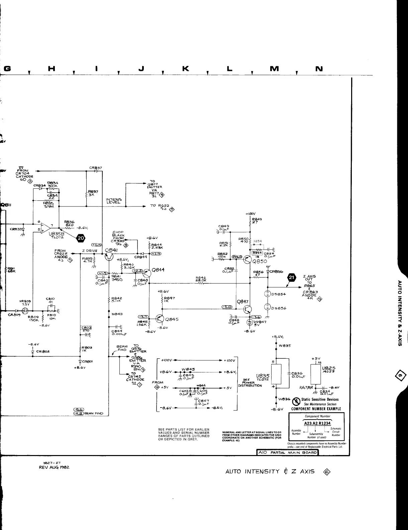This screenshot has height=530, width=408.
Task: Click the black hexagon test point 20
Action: pos(81,239)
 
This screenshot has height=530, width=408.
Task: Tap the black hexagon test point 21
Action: pos(292,277)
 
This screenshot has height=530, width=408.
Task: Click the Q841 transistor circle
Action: pos(109,257)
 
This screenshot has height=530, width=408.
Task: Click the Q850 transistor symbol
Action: pos(247,260)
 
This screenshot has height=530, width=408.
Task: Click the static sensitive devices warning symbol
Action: pos(296,401)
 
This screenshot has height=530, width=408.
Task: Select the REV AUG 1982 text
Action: pos(56,467)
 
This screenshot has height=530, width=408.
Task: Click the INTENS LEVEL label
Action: pos(114,201)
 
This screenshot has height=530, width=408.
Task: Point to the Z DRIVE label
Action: pos(89,251)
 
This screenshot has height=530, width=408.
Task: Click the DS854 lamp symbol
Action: pos(268,294)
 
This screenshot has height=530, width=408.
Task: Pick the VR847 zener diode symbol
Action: pos(249,322)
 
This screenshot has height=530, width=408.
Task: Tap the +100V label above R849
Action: pos(250,214)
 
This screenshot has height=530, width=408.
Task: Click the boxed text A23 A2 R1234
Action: pos(317,424)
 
